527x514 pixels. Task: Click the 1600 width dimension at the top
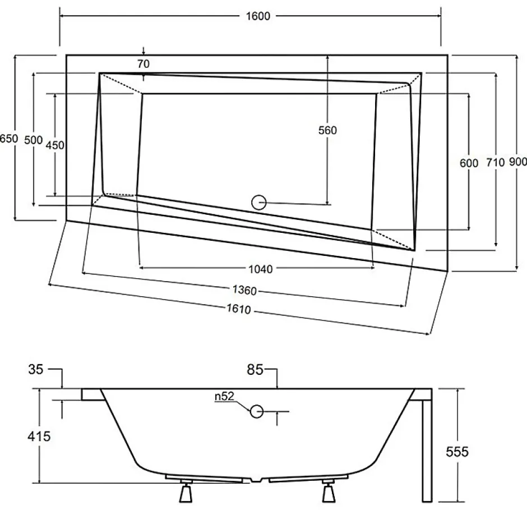tap(258, 16)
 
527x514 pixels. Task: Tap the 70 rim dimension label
tap(144, 63)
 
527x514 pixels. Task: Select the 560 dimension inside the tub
tap(328, 130)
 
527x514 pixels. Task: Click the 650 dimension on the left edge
tap(9, 138)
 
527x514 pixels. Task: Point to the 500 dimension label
tap(34, 140)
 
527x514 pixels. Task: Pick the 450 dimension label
tap(55, 145)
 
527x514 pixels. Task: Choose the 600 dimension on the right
tap(469, 163)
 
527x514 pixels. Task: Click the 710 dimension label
tap(496, 163)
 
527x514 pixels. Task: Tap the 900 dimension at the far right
tap(518, 162)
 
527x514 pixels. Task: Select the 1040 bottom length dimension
tap(261, 269)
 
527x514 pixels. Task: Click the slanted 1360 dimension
tap(244, 290)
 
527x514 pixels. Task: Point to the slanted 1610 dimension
tap(239, 309)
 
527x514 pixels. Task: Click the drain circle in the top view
tap(259, 203)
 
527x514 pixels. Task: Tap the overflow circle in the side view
tap(257, 411)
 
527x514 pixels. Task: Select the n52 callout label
tap(224, 397)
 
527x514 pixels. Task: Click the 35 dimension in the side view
tap(36, 369)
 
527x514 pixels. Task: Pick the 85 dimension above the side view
tap(255, 370)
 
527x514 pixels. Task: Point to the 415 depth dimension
tap(39, 437)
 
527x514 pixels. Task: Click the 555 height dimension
tap(457, 451)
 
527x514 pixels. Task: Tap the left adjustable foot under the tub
tap(186, 492)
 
